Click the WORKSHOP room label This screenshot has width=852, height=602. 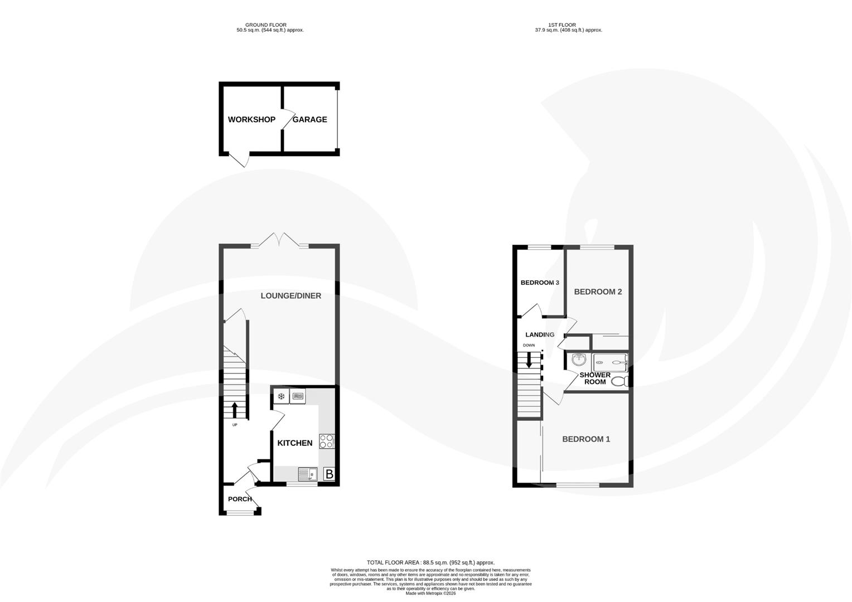coord(251,119)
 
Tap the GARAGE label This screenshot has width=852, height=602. coord(310,119)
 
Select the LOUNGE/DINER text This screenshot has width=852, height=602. coord(291,295)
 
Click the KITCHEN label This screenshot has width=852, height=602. coord(295,443)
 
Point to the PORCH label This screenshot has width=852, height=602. coord(240,499)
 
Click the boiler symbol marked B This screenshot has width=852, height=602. coord(329,474)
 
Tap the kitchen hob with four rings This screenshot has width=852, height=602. coord(326,441)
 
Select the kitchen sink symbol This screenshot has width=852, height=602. coord(307,474)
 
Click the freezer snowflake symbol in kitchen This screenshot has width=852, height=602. coord(281,396)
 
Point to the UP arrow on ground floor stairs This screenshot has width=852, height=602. coord(234,410)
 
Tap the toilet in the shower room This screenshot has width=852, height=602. coord(619,381)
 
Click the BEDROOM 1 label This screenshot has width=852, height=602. coord(586,439)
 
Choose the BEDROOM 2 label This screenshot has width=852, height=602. coord(598,292)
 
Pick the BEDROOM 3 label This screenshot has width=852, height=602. coord(540,283)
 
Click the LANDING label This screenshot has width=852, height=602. coord(540,334)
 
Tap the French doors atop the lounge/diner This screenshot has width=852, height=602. coord(280,240)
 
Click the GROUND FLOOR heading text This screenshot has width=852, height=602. coord(269,25)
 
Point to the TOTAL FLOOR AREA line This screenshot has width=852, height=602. coord(430,562)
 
